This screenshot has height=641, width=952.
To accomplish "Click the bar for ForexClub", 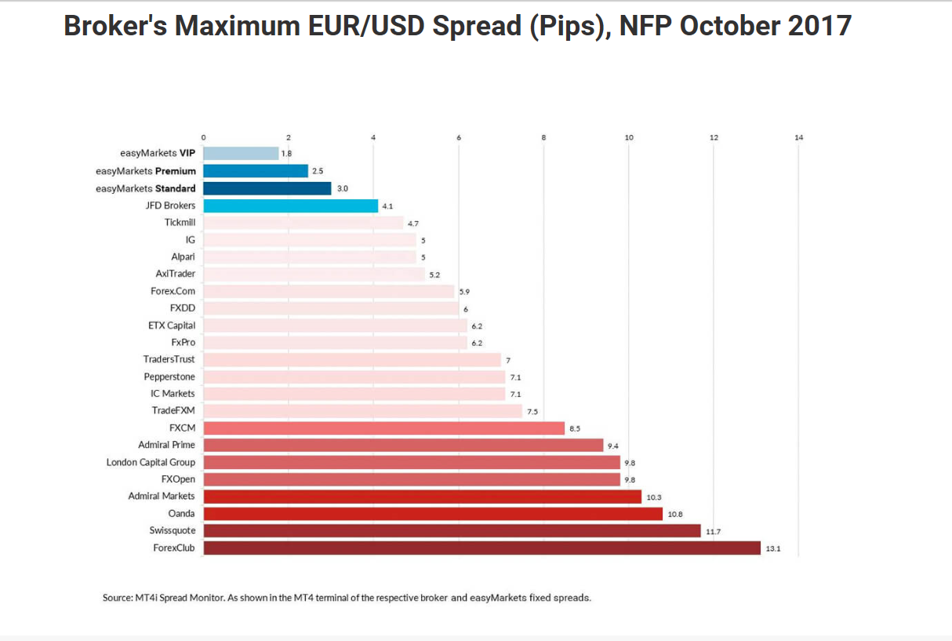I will coord(481,548).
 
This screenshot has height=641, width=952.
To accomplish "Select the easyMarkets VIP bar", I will coord(241,154).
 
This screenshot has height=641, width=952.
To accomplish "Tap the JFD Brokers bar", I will coord(290,206).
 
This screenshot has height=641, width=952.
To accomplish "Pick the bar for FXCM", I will coord(383,428).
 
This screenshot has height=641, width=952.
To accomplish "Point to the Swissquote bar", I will coord(452,531).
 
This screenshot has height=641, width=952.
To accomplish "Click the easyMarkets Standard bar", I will coord(267,188).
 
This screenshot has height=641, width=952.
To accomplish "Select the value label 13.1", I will coord(772,548).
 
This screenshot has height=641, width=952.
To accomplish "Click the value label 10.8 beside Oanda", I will coord(675,514).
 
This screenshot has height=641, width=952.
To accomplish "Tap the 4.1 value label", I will coord(387,206).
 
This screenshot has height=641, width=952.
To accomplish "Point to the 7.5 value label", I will coord(532,411).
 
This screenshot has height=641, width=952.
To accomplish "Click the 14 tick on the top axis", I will coord(798,137).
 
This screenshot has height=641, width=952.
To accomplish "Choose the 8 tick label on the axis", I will coord(543,137).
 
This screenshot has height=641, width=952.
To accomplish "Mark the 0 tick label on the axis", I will coord(203,137).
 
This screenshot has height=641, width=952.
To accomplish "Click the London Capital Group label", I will coord(151,462).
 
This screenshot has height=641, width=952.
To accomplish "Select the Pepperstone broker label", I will coord(169,377).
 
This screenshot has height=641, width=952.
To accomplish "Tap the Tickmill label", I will coord(180,223).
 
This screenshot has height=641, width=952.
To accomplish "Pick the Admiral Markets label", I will coord(162,496).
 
